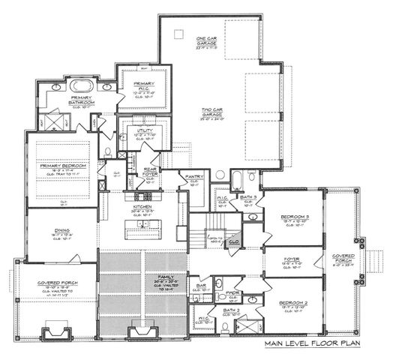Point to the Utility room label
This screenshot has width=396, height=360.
pos(144,130)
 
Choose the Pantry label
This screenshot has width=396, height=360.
pos(194,176)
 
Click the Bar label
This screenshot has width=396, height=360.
pos(200,285)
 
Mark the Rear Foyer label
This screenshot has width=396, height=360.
pos(150,173)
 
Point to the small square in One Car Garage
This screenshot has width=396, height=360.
pos(178,34)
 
